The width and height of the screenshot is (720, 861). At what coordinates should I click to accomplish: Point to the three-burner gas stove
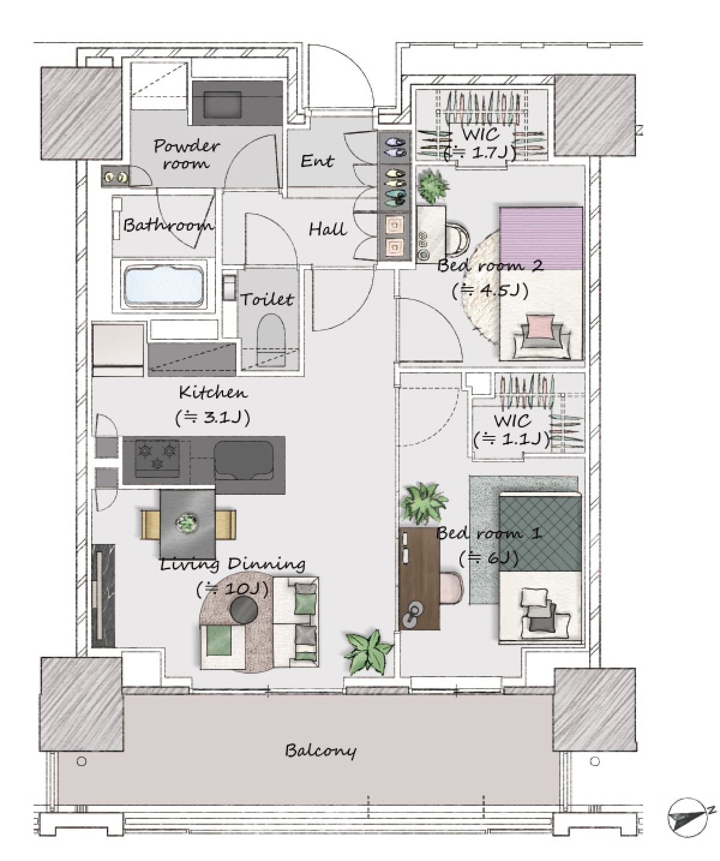pos(157,456)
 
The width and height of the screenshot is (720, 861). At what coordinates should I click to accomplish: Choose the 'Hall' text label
pos(328,229)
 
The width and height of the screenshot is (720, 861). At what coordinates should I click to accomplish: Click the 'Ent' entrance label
pos(317,161)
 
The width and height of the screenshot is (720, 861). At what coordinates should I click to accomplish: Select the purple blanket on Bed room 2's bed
pos(541,238)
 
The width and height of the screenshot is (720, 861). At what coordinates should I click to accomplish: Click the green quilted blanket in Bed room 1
pos(540,533)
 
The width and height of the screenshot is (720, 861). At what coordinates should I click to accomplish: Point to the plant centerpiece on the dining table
pos(188,524)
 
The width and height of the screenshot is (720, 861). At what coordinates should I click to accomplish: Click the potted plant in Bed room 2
pos(433,186)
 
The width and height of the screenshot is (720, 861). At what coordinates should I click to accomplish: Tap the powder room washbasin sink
pos(237,103)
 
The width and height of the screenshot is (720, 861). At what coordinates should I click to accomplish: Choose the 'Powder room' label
pos(187,154)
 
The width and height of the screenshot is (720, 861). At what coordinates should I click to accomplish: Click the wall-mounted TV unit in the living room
pos(103,596)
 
